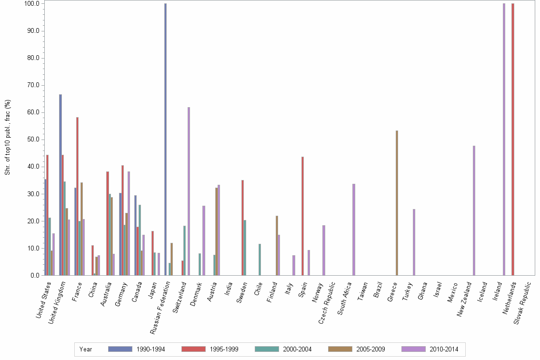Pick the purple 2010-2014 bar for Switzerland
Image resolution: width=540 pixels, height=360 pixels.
pos(189,191)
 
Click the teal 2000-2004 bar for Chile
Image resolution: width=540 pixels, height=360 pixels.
pos(260,260)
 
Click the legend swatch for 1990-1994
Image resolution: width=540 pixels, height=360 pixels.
pos(120,349)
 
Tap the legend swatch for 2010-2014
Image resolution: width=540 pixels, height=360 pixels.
pos(413,349)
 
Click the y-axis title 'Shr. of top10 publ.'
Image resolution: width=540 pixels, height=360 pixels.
pos(8,137)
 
